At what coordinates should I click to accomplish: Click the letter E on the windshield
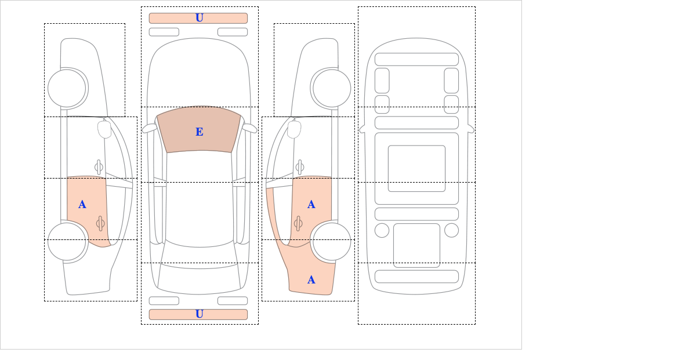click(x=200, y=132)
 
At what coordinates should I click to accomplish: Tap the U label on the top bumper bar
click(x=200, y=18)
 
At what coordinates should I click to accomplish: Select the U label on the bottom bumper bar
click(x=200, y=314)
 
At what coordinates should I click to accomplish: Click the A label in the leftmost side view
click(x=82, y=205)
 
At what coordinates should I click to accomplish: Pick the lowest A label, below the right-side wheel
click(x=311, y=280)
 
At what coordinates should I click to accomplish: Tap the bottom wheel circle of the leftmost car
click(x=67, y=241)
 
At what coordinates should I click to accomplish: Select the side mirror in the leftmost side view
click(x=104, y=129)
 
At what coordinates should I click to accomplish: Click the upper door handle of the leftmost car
click(x=99, y=168)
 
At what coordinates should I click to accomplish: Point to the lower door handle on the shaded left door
click(x=100, y=223)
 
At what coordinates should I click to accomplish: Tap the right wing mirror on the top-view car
click(x=250, y=128)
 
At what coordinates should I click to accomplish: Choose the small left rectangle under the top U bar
click(x=164, y=32)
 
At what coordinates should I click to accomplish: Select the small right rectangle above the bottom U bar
click(x=233, y=301)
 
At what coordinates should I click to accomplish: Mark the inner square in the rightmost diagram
click(x=416, y=169)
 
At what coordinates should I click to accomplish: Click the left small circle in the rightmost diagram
click(x=382, y=230)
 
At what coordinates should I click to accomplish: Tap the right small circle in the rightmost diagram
click(x=451, y=230)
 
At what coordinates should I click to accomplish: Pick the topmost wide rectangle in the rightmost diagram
click(x=416, y=59)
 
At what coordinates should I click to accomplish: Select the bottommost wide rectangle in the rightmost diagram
click(x=416, y=277)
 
